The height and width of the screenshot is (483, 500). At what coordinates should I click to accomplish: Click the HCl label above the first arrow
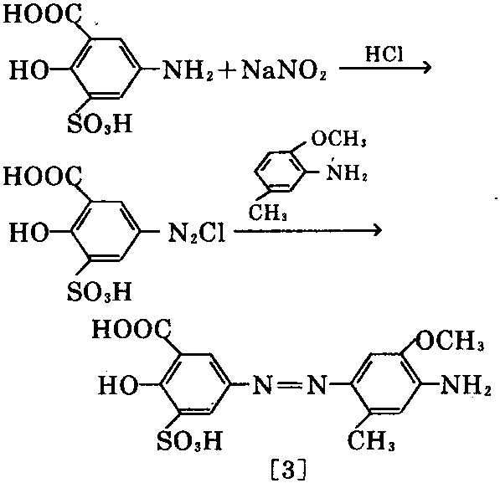(384, 54)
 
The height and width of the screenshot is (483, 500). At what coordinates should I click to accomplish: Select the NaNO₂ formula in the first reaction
(284, 70)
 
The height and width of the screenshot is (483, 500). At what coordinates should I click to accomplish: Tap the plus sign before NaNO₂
(227, 71)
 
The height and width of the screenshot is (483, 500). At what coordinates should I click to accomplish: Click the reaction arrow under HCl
(385, 68)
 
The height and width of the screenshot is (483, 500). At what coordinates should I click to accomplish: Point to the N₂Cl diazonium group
(197, 233)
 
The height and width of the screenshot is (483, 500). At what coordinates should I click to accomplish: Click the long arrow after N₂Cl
(308, 230)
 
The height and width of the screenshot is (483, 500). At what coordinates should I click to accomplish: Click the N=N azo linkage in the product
(290, 385)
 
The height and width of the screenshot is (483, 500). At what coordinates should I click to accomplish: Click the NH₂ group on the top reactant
(188, 70)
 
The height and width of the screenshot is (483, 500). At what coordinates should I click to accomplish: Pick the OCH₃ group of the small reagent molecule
(338, 138)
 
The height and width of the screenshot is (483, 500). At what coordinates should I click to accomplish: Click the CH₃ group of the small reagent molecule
(267, 213)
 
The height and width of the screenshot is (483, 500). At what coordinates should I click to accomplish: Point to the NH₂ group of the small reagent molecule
(347, 172)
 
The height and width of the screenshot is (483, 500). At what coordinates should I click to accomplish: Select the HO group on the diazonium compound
(29, 232)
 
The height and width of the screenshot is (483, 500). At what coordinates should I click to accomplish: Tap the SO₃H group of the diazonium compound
(100, 291)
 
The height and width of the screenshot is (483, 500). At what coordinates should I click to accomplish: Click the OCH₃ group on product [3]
(450, 341)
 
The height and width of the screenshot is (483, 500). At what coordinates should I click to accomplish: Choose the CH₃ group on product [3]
(371, 440)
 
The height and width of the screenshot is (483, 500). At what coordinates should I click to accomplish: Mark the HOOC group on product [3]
(131, 329)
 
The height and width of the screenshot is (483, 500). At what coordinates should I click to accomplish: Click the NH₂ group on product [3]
(466, 385)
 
